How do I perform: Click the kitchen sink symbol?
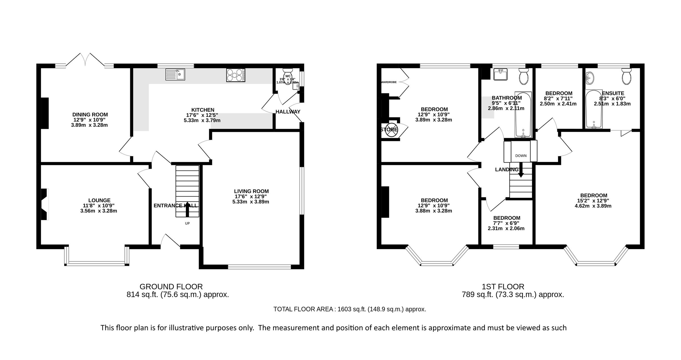click(175, 74)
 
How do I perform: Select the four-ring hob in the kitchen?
click(236, 75)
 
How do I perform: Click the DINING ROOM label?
click(90, 115)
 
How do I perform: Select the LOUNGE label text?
click(99, 200)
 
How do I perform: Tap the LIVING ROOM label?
click(251, 191)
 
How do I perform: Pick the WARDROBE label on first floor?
click(389, 82)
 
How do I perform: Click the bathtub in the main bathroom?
click(523, 115)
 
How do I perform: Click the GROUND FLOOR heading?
click(171, 287)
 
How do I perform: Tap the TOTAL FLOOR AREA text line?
click(350, 309)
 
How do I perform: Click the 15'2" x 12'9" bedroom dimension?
click(594, 201)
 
